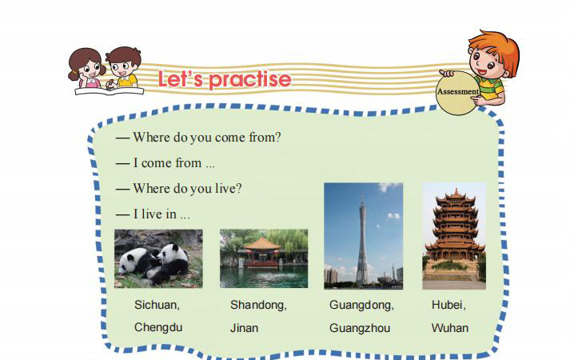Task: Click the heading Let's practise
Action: [x=225, y=79]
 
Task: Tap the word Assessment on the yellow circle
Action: [x=458, y=91]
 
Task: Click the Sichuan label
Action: [x=157, y=305]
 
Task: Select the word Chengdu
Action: [x=158, y=327]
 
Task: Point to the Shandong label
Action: [x=258, y=305]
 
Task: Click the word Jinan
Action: [x=244, y=328]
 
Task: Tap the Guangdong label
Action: [x=361, y=305]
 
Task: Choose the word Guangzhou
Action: [x=360, y=328]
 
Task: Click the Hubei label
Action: [x=448, y=305]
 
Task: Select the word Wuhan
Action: [x=450, y=328]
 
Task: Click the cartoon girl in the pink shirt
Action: [x=87, y=70]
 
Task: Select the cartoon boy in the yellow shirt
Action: [x=123, y=68]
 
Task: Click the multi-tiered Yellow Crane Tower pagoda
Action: [x=455, y=229]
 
